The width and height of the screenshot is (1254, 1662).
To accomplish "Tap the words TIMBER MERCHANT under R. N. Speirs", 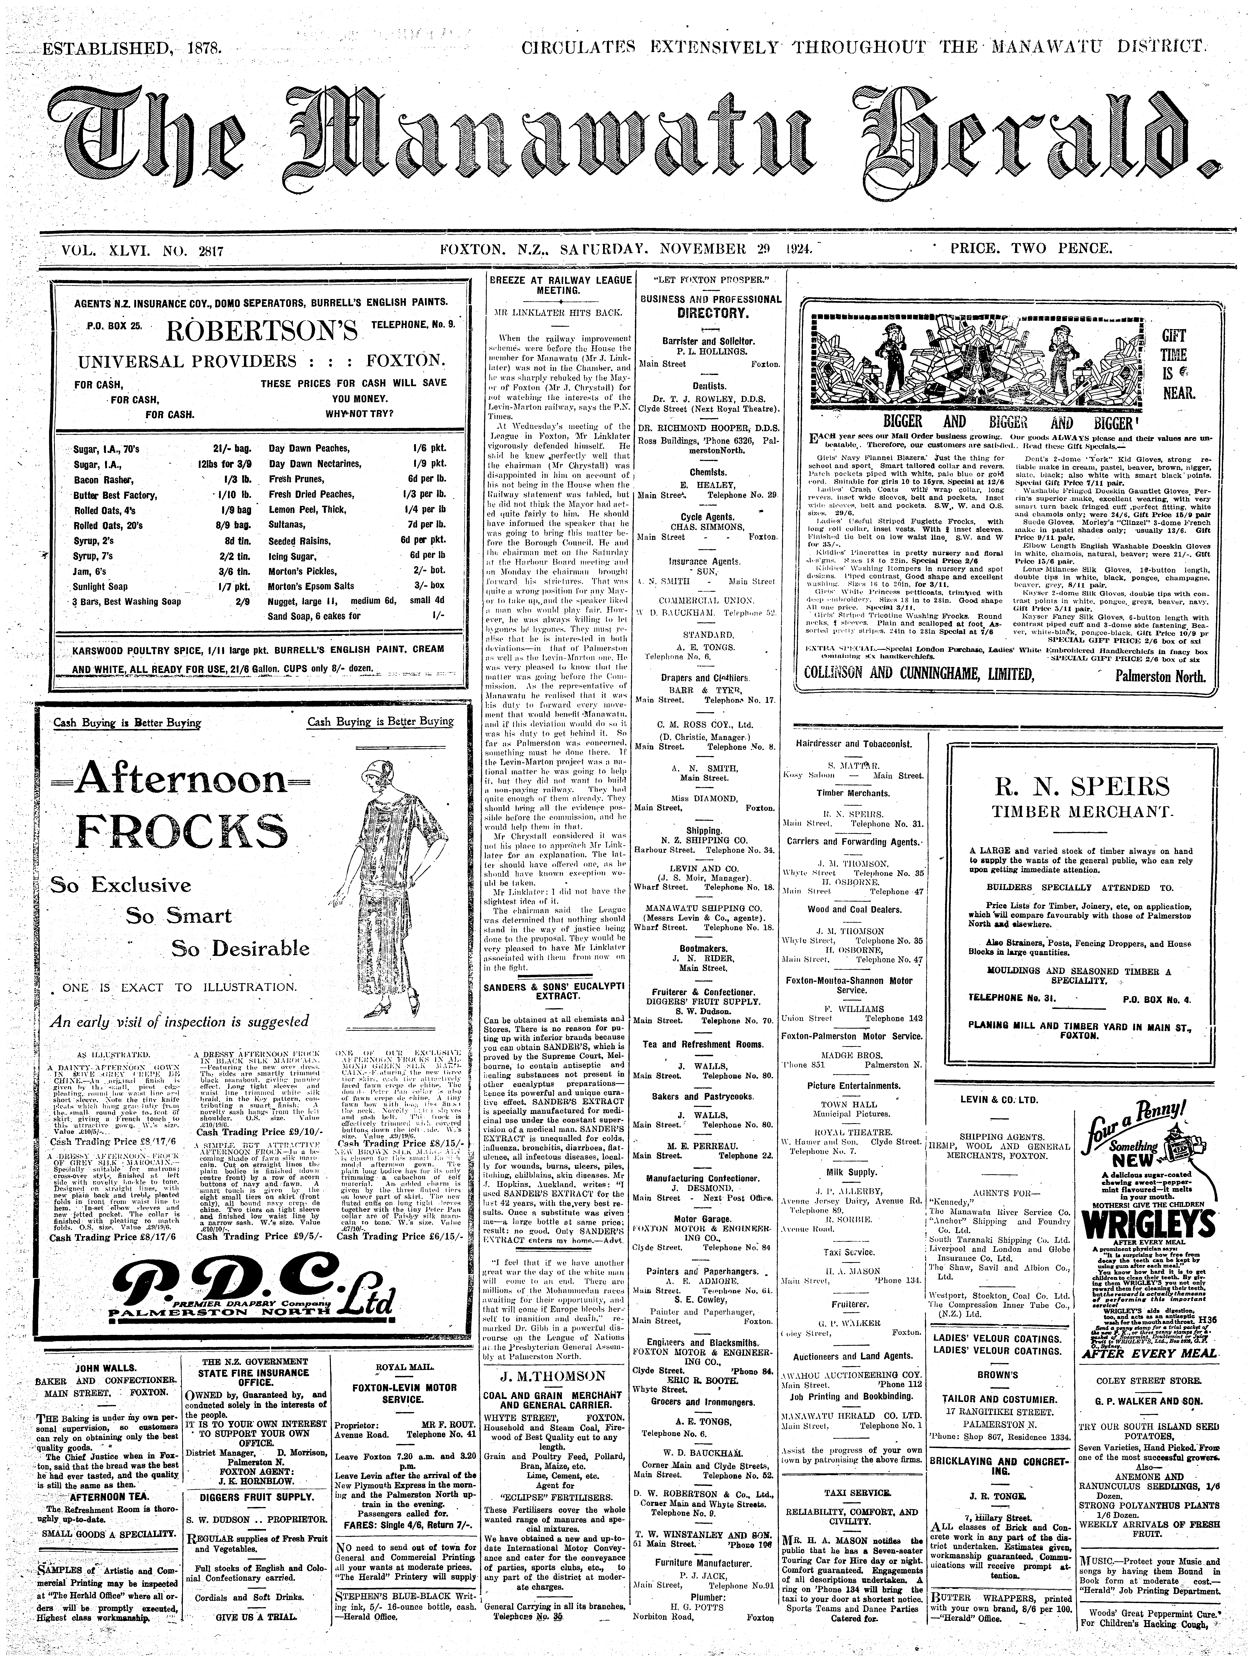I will [1082, 812].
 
